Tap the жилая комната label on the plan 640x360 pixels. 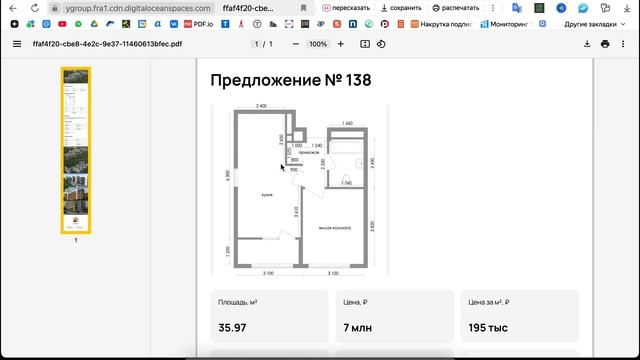pos(335,227)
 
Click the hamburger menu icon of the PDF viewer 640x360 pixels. pos(16,44)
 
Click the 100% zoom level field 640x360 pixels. pos(318,44)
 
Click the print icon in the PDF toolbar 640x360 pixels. pos(605,44)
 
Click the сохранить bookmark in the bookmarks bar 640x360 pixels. pos(400,7)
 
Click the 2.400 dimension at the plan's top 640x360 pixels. pos(261,106)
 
